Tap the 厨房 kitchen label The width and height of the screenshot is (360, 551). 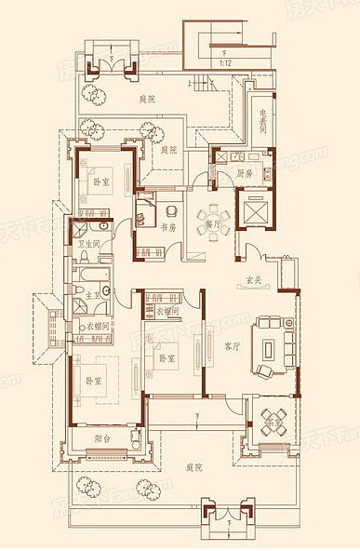click(x=245, y=173)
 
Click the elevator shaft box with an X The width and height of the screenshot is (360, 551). click(x=255, y=211)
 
